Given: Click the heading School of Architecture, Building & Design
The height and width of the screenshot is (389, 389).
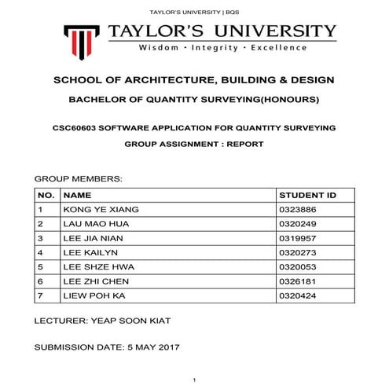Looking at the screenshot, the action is pyautogui.click(x=194, y=81).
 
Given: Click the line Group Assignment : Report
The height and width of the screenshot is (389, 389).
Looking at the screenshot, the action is pyautogui.click(x=193, y=145).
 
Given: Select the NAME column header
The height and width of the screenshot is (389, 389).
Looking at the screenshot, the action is pyautogui.click(x=77, y=194).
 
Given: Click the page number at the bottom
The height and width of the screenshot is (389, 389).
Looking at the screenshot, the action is pyautogui.click(x=194, y=380).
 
